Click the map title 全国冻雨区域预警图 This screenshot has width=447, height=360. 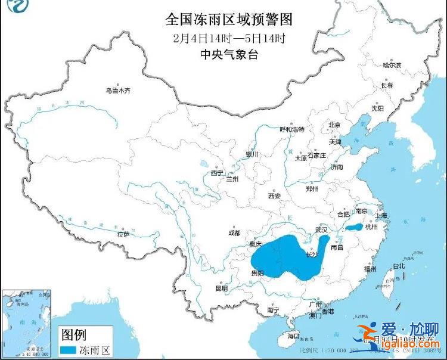229,20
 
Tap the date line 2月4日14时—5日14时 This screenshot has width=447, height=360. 229,38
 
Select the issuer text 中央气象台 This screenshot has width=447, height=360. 229,54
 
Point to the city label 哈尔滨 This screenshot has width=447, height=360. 392,64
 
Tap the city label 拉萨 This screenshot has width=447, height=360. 123,235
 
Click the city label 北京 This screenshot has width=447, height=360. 334,125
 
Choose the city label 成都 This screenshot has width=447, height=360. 234,232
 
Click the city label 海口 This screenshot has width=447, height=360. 293,336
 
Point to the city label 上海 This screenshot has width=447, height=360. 380,215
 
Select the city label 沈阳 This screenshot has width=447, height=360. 378,108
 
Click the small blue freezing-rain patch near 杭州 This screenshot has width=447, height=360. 354,227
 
